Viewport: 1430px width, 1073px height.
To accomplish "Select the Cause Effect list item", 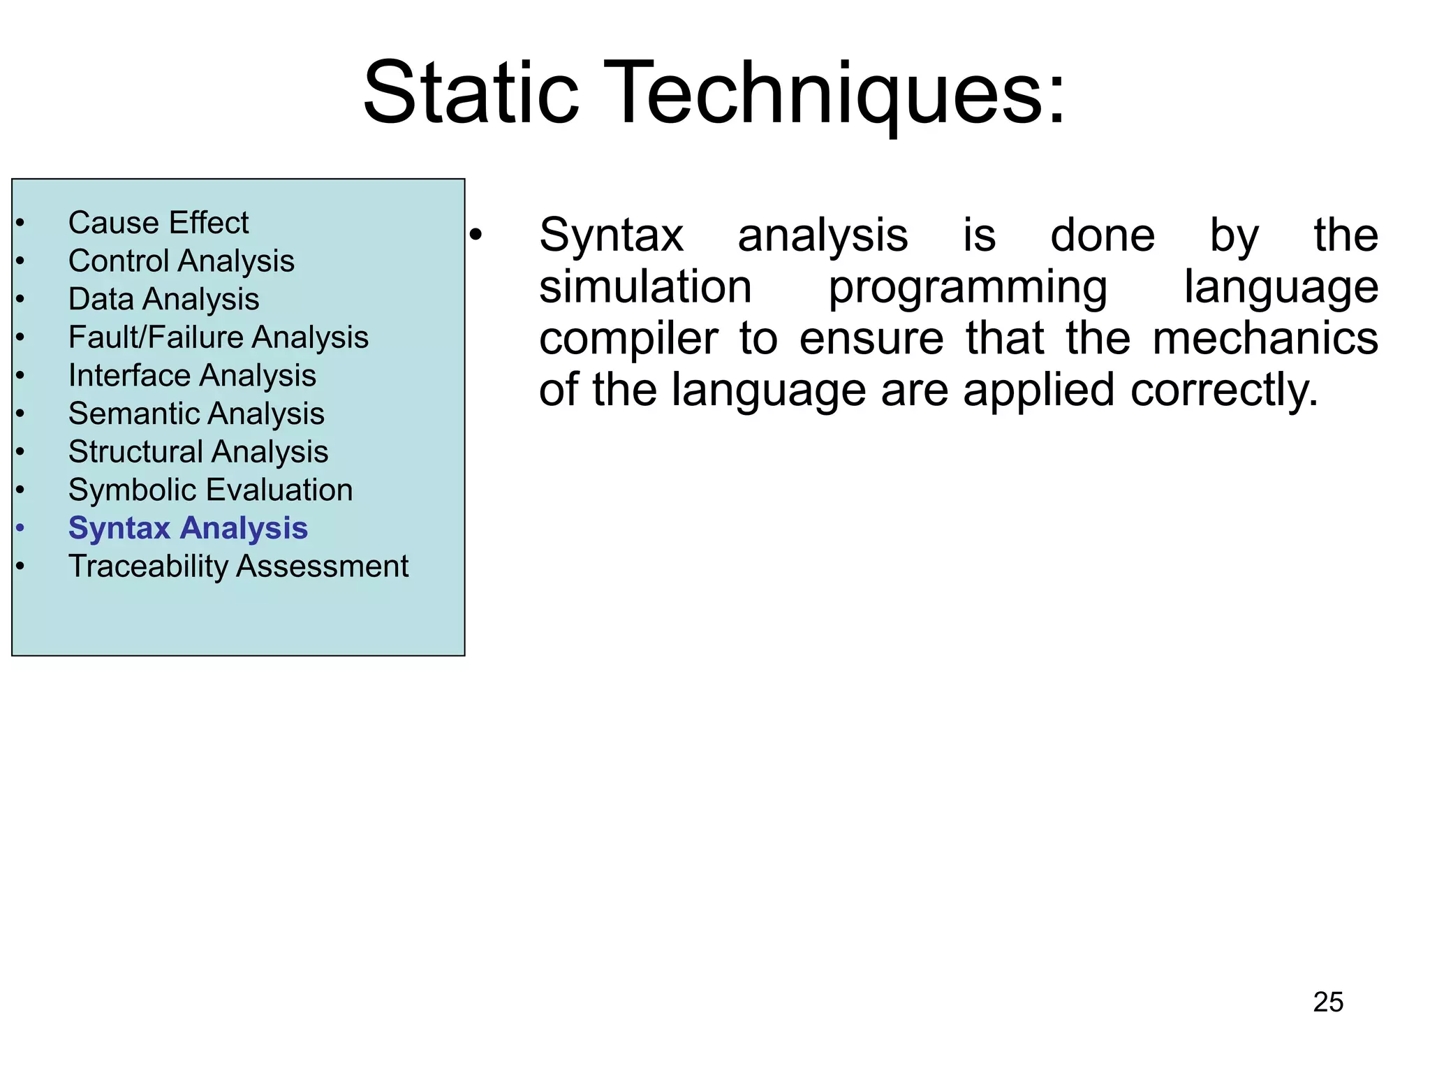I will (159, 223).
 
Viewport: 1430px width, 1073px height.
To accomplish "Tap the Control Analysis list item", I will (181, 261).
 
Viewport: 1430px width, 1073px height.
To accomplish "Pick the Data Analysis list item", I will (163, 299).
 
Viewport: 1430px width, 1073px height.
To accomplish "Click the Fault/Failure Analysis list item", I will (218, 337).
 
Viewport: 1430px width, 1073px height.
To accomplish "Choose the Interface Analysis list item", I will (192, 376).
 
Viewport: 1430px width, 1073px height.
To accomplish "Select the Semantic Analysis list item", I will (196, 414).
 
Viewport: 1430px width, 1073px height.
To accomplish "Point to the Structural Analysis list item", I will (198, 452).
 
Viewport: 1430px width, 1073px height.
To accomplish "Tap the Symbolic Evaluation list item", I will (210, 490).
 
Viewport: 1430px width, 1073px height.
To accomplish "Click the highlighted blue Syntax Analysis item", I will (188, 528).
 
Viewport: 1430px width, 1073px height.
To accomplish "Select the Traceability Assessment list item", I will (238, 566).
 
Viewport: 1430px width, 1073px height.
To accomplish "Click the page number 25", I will (1327, 1002).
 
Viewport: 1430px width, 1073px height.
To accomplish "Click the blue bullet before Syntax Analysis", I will (20, 528).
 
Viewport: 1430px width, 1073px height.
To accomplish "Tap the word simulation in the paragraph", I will (645, 287).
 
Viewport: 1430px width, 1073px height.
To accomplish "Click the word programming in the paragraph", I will (967, 287).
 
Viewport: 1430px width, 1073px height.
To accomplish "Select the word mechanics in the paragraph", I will (1265, 339).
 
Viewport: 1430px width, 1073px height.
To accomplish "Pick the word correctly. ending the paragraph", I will (1224, 390).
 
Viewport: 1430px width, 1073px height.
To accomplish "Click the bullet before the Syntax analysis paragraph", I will (476, 236).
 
